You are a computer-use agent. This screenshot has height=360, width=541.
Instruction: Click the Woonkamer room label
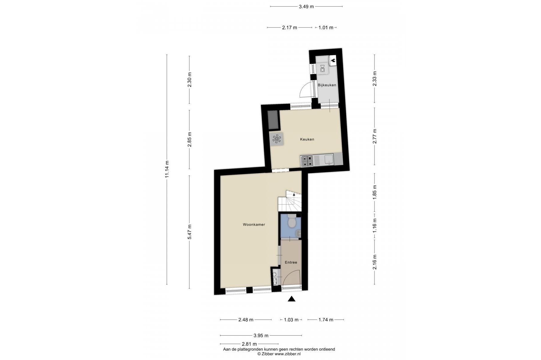(254, 224)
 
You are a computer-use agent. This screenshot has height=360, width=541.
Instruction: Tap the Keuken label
(307, 139)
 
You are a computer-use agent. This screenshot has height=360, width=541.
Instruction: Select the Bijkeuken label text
(327, 85)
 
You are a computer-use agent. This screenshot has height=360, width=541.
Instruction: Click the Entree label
(291, 262)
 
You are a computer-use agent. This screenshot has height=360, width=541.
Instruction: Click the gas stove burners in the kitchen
(307, 160)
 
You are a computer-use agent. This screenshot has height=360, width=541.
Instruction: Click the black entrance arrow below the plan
(291, 299)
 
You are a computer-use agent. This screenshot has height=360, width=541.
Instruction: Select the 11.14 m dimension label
(167, 169)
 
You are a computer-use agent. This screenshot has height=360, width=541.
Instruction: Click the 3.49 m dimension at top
(306, 7)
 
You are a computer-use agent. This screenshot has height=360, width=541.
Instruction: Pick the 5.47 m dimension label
(189, 232)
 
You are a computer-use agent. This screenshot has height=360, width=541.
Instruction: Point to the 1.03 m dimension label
(291, 320)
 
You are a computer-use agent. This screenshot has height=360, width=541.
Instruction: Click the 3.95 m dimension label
(261, 335)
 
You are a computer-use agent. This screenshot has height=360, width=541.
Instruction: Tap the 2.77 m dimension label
(374, 136)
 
